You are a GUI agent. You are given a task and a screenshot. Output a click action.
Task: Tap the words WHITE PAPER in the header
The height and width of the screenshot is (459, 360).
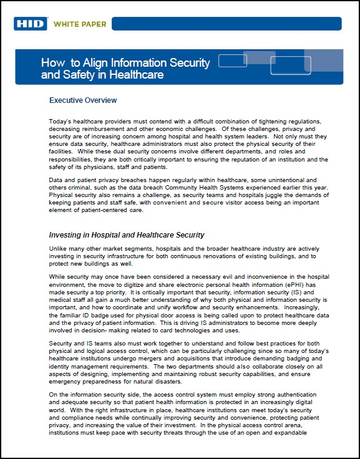pos(80,24)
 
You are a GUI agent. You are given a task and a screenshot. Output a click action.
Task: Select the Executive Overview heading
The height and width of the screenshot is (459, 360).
pos(83,100)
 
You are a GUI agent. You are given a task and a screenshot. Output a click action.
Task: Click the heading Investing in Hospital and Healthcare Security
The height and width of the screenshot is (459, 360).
pos(127,235)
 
